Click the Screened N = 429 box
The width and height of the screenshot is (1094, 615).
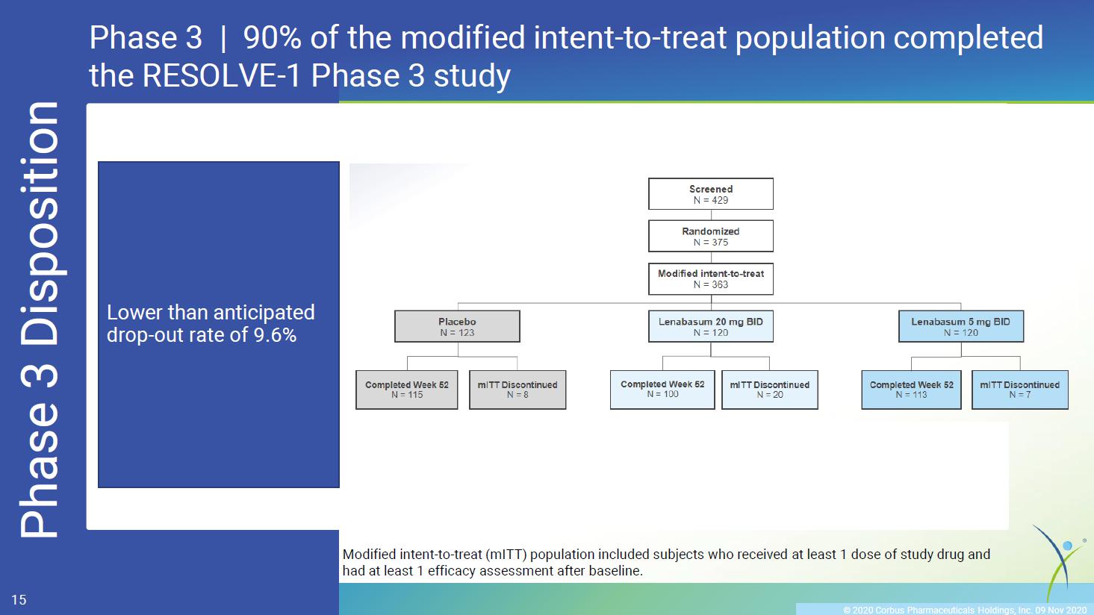[711, 194]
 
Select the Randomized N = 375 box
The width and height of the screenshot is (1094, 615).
[711, 237]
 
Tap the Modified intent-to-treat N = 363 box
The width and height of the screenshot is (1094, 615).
[711, 278]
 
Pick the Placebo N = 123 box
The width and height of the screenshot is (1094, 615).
[457, 327]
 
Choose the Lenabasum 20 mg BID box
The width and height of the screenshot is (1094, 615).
[711, 327]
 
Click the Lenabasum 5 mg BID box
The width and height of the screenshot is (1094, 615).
[960, 327]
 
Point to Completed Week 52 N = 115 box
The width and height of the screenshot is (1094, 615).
[407, 390]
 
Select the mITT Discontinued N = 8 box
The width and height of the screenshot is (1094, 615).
[518, 390]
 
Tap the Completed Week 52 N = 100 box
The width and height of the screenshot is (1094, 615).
[662, 390]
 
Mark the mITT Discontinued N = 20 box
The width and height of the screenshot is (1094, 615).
[770, 390]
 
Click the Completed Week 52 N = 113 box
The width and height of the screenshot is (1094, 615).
[911, 390]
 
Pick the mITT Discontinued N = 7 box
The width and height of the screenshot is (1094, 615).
[1020, 390]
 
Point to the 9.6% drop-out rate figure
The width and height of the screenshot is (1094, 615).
[275, 335]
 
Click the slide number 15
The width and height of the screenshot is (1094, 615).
[19, 600]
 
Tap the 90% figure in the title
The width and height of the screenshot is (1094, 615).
[273, 37]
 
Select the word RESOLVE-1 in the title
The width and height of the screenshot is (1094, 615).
[221, 75]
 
